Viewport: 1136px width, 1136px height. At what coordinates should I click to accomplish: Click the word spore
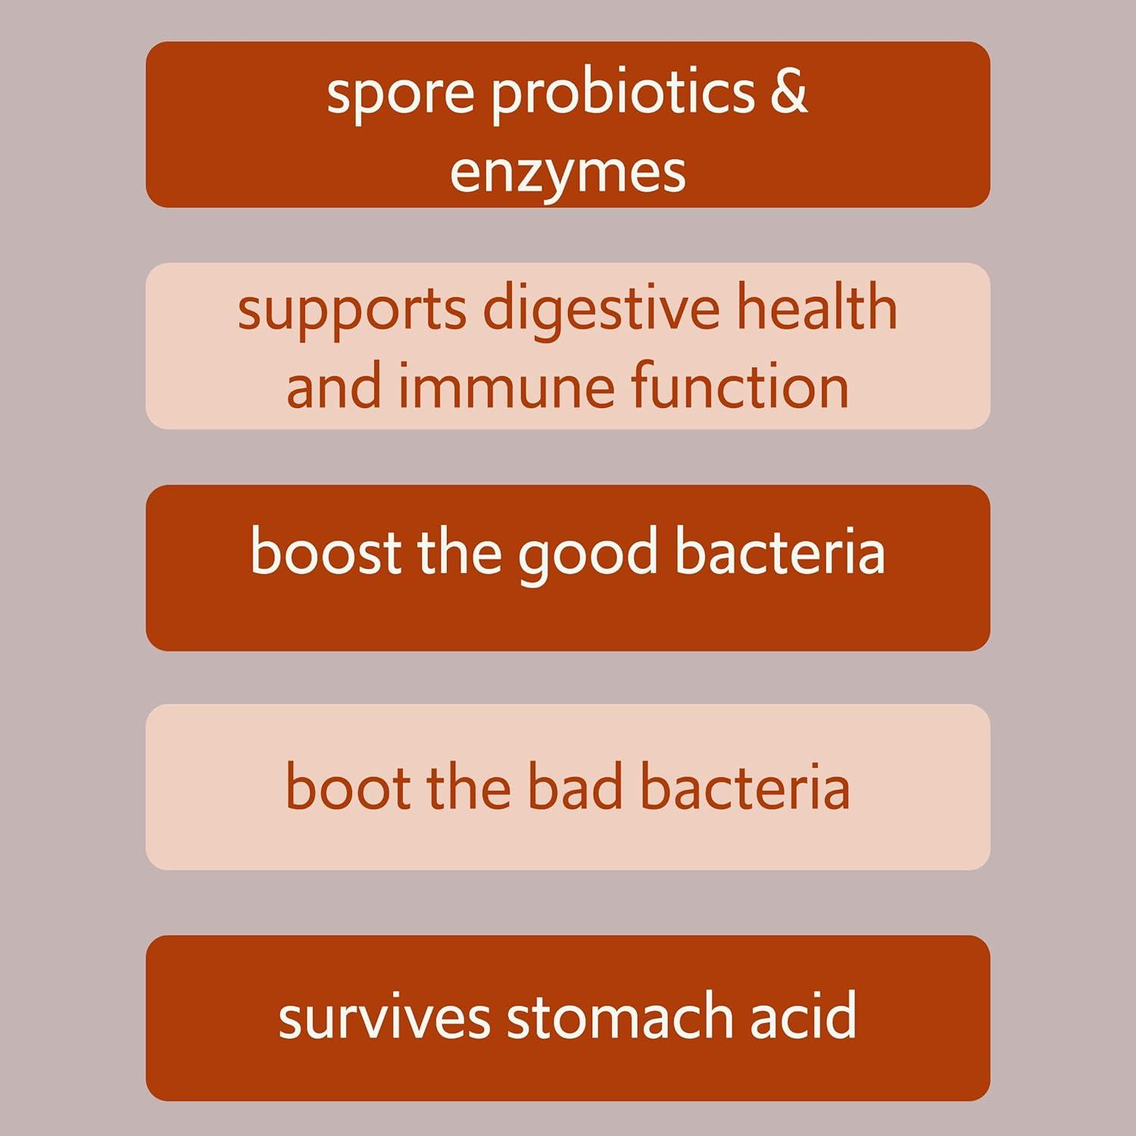(x=400, y=94)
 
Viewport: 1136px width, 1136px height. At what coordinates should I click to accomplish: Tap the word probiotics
(x=623, y=94)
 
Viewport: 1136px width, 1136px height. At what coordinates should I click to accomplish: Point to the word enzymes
(x=568, y=173)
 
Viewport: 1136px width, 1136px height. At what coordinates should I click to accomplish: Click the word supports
(x=351, y=311)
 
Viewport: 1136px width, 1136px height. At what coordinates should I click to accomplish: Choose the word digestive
(x=601, y=311)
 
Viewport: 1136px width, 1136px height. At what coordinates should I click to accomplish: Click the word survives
(x=384, y=1017)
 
